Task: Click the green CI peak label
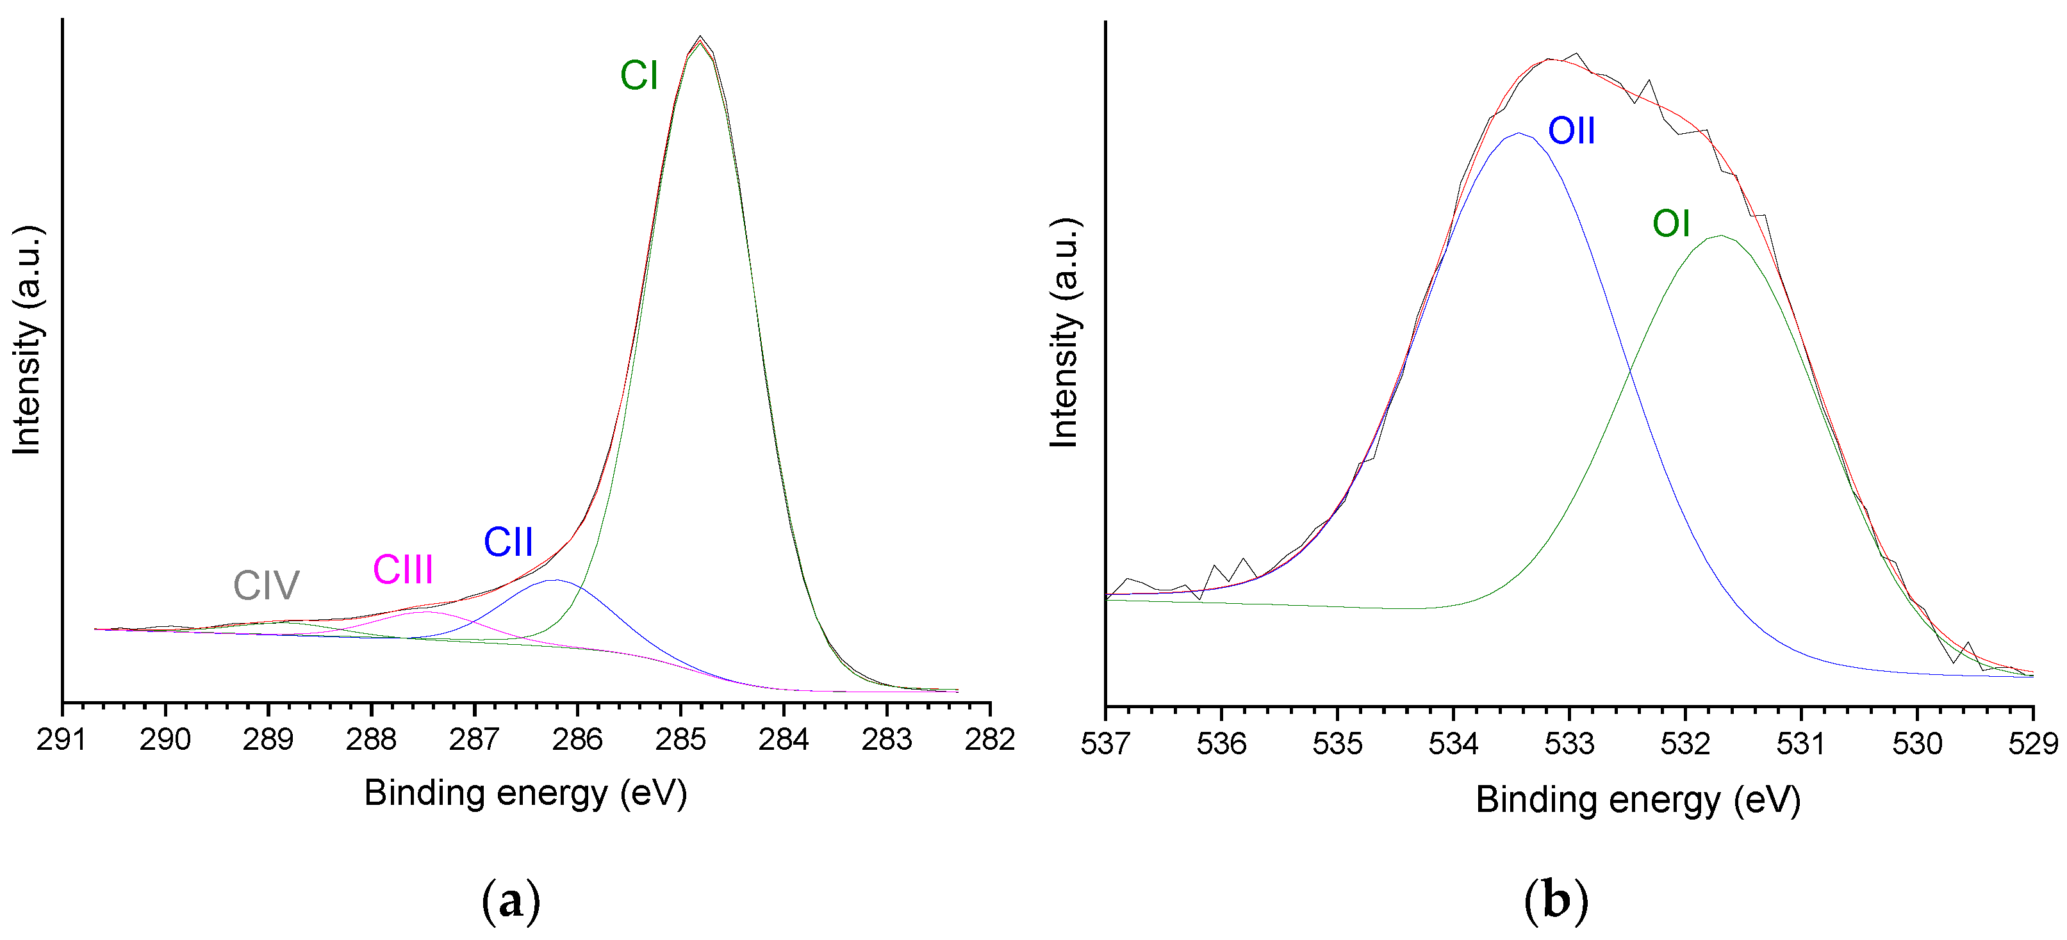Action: (639, 76)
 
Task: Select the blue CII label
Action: (508, 542)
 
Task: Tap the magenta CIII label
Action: (403, 571)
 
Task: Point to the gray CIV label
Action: (267, 585)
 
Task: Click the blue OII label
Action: (1571, 131)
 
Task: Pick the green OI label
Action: (1672, 223)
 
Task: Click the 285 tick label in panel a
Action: (680, 740)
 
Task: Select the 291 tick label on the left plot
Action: (62, 740)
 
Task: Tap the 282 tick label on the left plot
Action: (989, 740)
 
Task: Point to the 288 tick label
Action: (372, 740)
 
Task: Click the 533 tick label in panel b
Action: (1569, 744)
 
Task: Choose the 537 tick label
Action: (1106, 744)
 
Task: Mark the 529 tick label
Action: (2032, 744)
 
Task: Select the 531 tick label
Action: (1800, 744)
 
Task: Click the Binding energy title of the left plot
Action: (525, 794)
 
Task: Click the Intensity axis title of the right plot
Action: (1065, 333)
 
